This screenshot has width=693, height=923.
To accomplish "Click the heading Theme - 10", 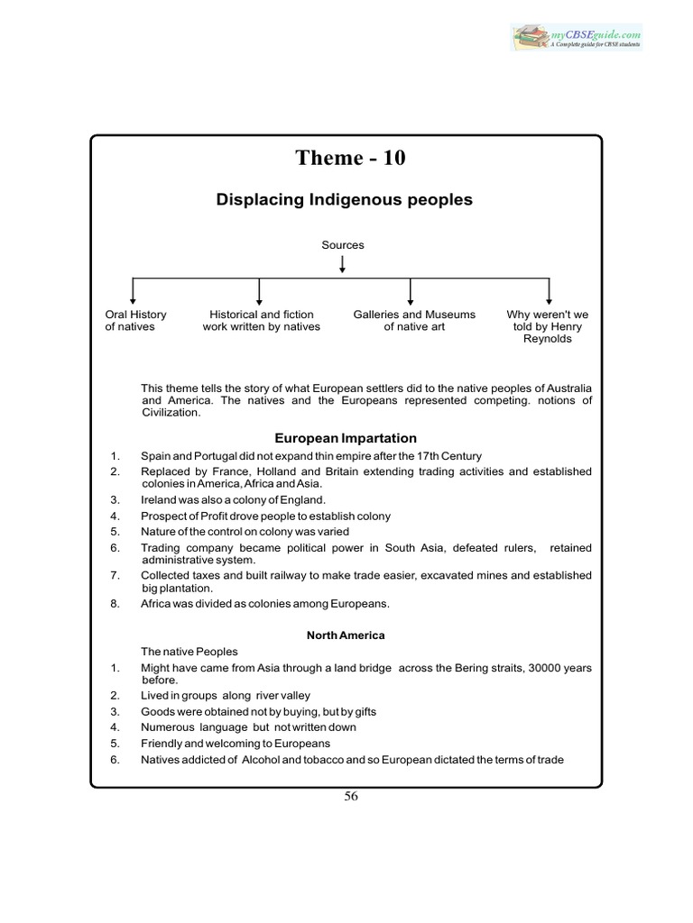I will tap(350, 158).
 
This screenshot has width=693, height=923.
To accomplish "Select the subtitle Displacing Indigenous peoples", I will tap(344, 199).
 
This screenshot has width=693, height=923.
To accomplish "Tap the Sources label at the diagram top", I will tap(343, 244).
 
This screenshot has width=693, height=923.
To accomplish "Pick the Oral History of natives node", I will tap(135, 321).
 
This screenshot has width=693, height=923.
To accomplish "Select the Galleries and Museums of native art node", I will tap(414, 321).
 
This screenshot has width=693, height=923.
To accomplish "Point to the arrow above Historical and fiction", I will tap(260, 290).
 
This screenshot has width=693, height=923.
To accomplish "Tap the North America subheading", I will tap(346, 635).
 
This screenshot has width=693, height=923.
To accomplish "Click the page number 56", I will tap(351, 796).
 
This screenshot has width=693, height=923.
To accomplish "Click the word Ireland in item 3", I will tap(159, 499).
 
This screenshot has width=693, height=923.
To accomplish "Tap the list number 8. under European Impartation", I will tap(115, 604).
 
